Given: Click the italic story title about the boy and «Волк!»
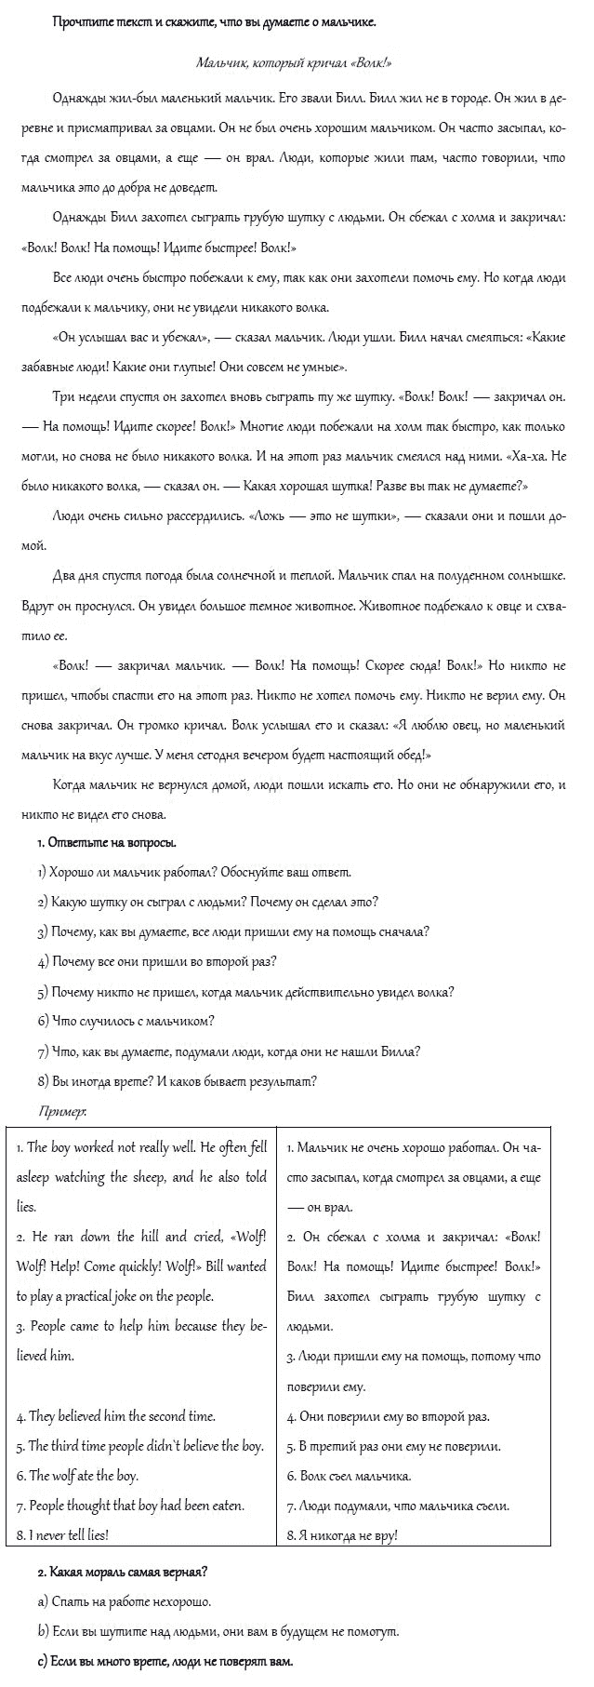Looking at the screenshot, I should click(x=294, y=62).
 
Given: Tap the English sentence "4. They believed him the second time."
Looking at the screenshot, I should click(x=115, y=1416).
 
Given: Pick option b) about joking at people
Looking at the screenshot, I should click(x=218, y=1631).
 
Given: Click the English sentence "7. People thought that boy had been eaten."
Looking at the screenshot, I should click(x=130, y=1505).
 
